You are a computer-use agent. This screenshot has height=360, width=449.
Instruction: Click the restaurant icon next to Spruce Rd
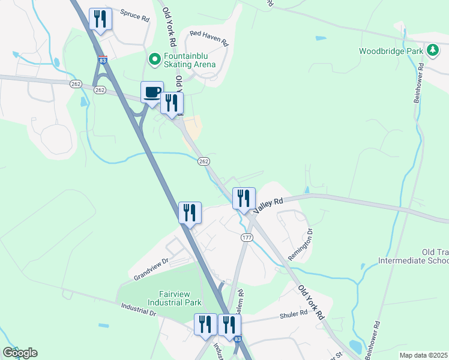(x=100, y=19)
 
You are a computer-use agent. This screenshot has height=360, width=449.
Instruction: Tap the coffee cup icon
(x=152, y=92)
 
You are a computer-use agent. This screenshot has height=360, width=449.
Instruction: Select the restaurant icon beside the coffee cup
(x=172, y=103)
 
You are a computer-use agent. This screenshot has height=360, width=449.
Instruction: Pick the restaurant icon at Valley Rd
(x=244, y=198)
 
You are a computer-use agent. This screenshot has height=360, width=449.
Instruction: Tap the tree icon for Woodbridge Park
(x=432, y=50)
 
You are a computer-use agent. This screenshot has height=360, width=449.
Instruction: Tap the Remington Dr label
(x=301, y=242)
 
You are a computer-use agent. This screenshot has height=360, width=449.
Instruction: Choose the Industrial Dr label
(x=138, y=308)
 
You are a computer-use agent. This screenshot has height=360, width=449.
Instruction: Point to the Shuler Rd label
(x=294, y=316)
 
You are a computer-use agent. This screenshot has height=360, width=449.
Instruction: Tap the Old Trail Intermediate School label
(x=414, y=256)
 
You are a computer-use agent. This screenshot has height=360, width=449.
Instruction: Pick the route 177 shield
(x=247, y=238)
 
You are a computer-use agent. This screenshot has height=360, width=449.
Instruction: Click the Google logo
(x=20, y=353)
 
